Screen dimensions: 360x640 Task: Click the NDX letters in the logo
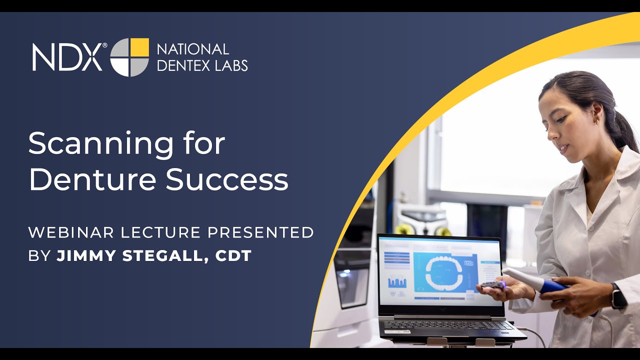click(x=67, y=56)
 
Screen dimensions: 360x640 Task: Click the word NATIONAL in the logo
click(x=193, y=49)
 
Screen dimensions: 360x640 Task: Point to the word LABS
click(x=231, y=65)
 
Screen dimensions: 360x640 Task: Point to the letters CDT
click(x=233, y=256)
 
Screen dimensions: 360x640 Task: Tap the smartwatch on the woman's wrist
click(x=618, y=295)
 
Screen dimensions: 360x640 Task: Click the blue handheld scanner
click(x=540, y=282)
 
